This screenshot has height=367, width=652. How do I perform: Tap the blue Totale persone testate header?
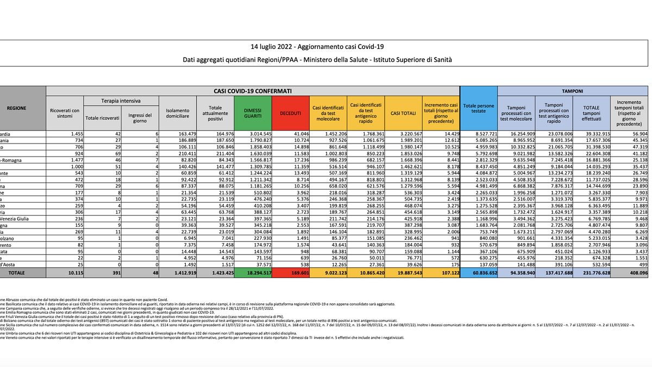[478, 107]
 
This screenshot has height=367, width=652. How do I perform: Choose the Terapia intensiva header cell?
[121, 101]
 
